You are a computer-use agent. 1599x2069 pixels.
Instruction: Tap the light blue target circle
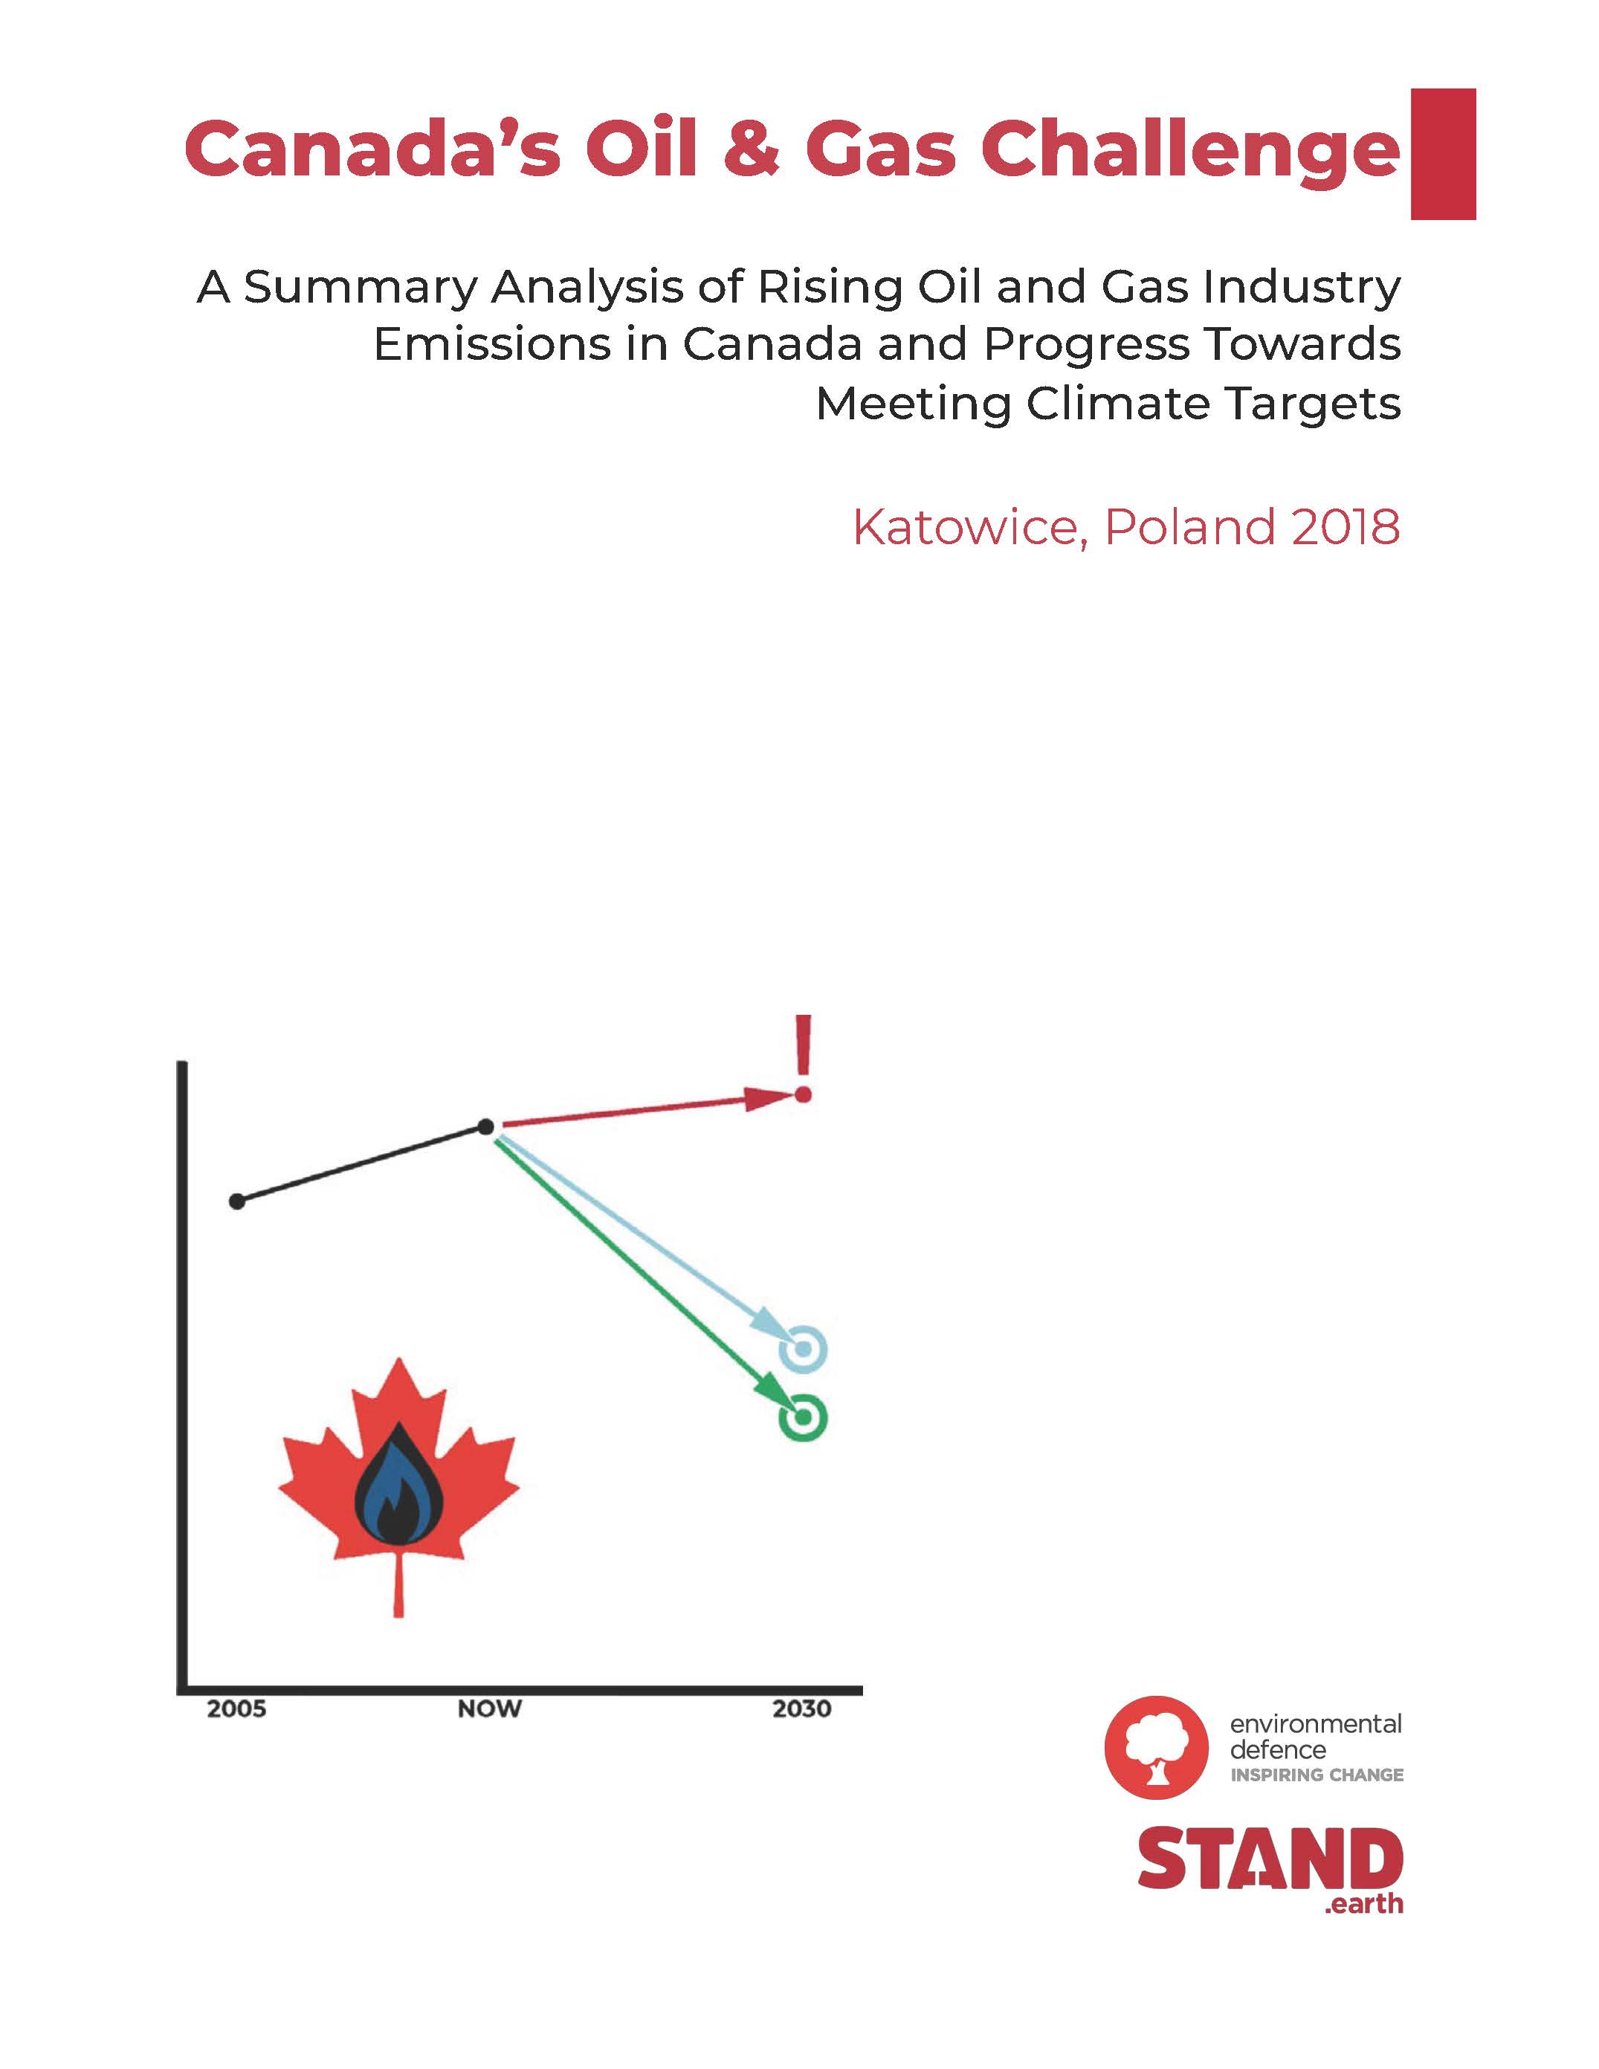[802, 1348]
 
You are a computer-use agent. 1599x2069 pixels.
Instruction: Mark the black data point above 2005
[237, 1201]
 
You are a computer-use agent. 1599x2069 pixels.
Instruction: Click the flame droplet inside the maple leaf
[398, 1484]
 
